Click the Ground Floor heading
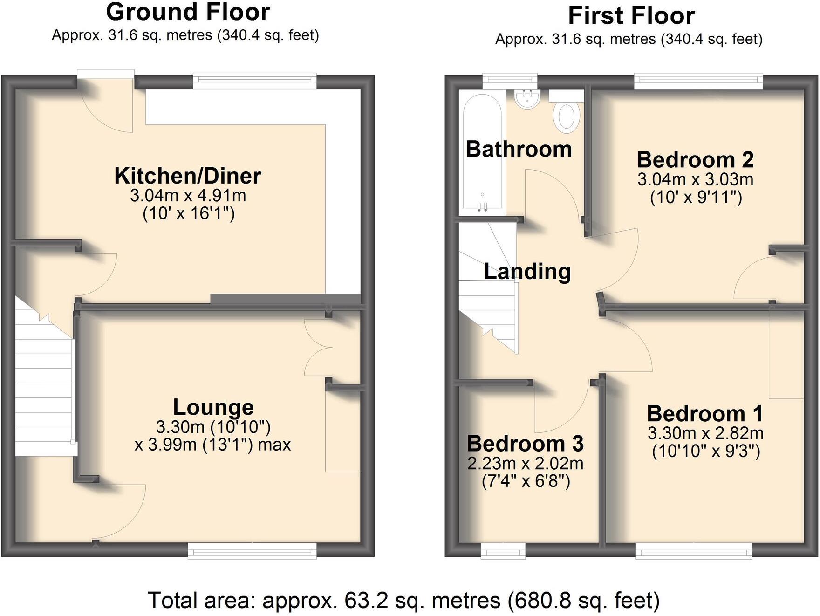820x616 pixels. pos(188,12)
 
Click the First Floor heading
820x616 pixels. pos(631,16)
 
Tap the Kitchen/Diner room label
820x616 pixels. pos(188,176)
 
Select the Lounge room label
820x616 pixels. pos(213,407)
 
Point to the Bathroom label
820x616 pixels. pos(519,150)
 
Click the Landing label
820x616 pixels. pos(527,272)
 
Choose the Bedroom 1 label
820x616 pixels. pos(705,414)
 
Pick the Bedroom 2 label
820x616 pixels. pos(695,160)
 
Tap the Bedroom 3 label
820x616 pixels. pos(525,444)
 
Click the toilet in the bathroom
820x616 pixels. pos(566,116)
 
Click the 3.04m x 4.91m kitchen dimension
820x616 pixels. pos(188,196)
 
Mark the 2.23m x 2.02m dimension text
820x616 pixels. pos(525,464)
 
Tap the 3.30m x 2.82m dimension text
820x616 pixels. pos(705,433)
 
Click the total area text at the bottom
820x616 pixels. pos(403,601)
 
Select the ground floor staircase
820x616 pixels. pos(44,396)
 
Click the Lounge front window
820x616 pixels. pos(252,551)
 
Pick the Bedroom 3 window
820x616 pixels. pos(503,551)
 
